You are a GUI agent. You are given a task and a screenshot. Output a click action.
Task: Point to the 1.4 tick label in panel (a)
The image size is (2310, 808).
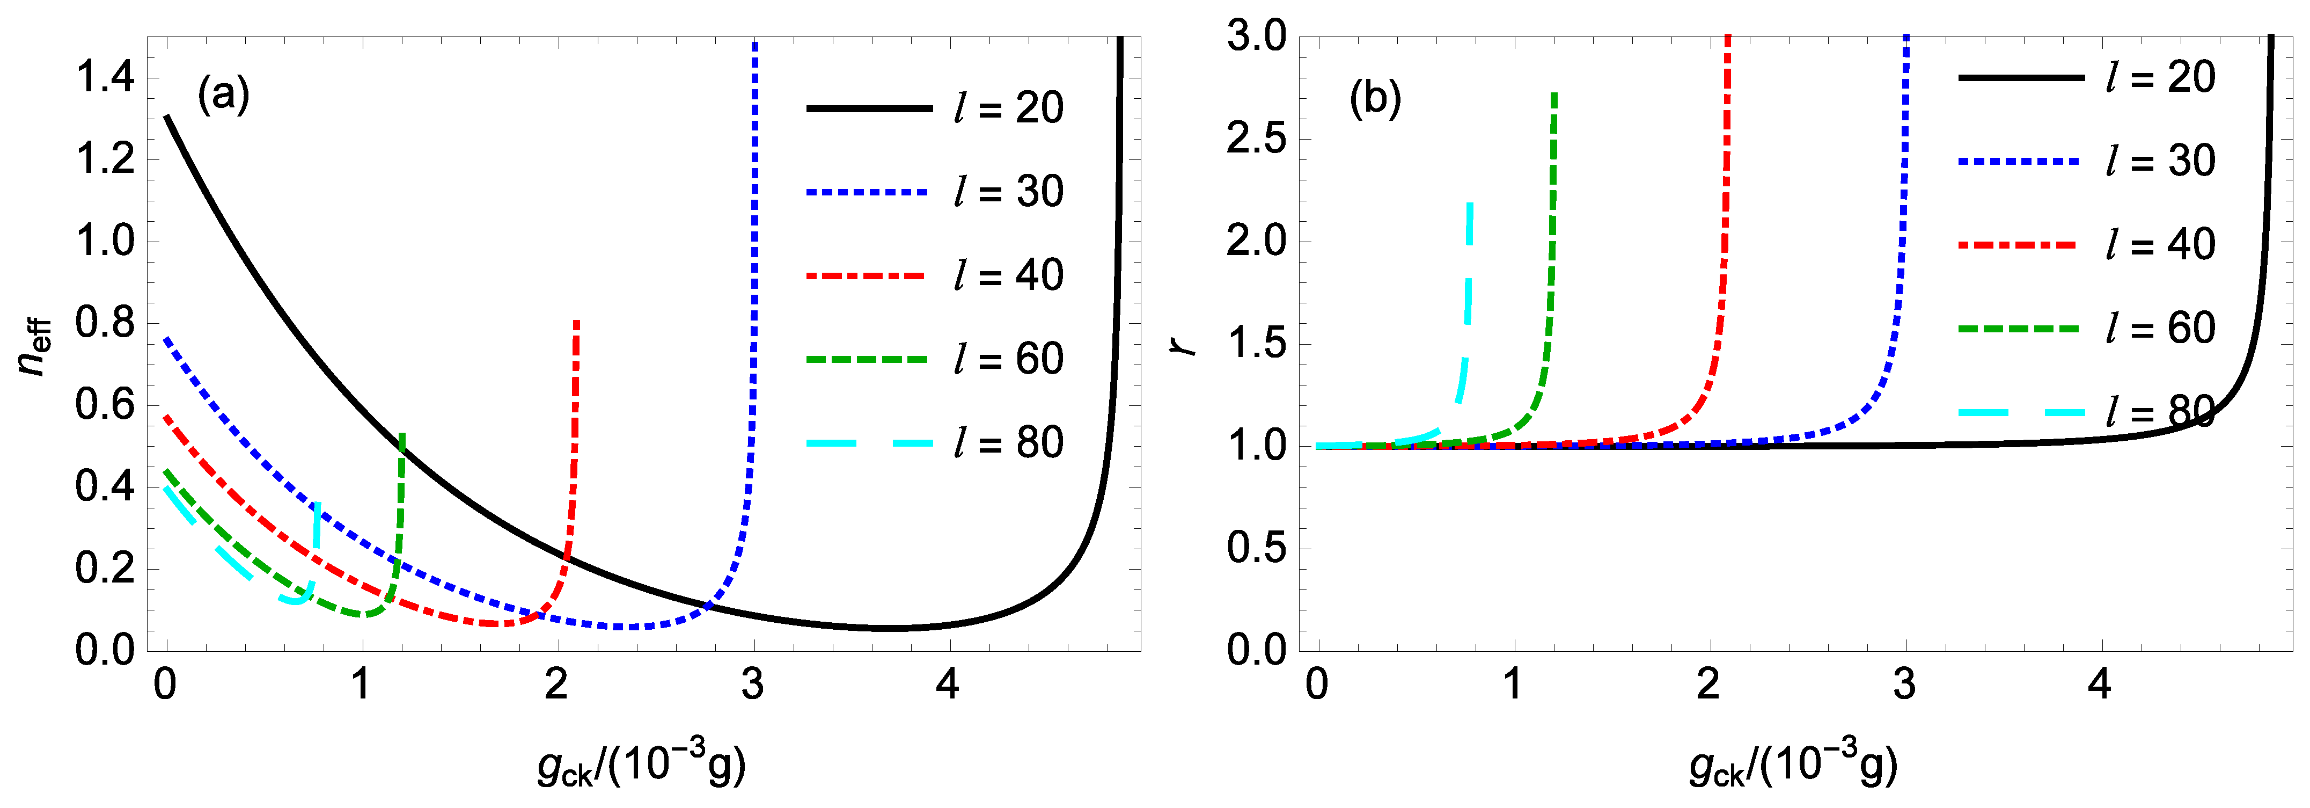tap(105, 78)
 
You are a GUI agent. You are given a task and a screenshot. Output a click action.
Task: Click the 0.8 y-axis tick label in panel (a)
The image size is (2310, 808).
tap(105, 323)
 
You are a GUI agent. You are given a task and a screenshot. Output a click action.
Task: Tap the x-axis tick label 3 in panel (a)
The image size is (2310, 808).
tap(752, 685)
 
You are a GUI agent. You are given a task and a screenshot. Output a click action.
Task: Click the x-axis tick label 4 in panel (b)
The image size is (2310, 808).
tap(2099, 685)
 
